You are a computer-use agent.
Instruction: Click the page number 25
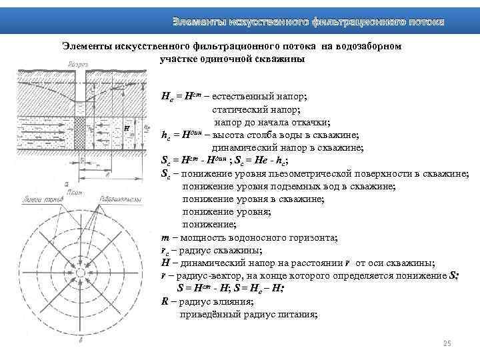coord(447,343)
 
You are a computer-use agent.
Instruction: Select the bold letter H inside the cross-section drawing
coord(126,127)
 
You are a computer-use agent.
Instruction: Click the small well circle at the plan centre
coord(81,273)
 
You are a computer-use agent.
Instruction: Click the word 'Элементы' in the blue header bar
coord(198,22)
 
